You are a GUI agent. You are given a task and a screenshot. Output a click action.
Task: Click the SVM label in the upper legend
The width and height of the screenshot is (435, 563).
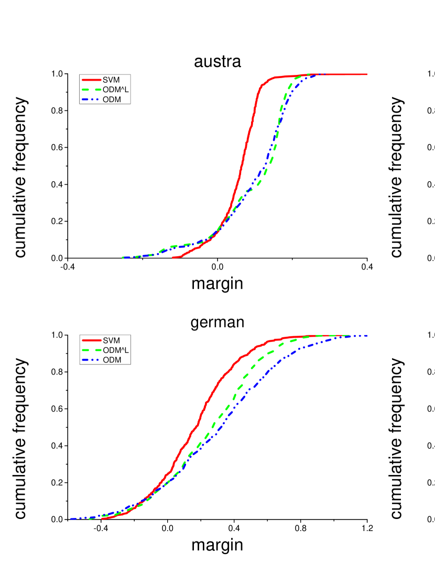(x=111, y=80)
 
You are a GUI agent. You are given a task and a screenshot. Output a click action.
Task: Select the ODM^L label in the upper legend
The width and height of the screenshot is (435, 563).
(x=115, y=90)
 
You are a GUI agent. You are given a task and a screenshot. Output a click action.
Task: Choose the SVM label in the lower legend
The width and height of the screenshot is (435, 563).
(x=111, y=340)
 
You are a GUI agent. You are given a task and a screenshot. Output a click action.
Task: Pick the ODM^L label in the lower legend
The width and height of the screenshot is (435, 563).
(x=115, y=350)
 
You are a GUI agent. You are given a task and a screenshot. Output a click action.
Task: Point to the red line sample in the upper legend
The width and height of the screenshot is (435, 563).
(x=91, y=80)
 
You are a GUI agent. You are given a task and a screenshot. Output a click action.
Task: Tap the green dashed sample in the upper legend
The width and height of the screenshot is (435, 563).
(x=91, y=90)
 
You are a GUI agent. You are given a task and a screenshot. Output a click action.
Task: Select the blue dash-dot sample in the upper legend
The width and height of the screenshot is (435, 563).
(x=91, y=100)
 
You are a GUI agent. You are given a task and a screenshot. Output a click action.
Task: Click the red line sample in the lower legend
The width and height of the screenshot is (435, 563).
(x=91, y=340)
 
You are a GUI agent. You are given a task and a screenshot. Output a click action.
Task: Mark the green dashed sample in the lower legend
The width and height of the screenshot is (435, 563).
(x=91, y=350)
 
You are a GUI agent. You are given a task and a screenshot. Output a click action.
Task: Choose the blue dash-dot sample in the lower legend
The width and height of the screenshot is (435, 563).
(x=91, y=360)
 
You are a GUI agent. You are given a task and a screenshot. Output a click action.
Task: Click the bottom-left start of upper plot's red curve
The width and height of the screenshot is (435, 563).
(x=173, y=257)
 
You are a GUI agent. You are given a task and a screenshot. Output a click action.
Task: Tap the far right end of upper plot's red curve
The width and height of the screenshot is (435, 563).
(x=366, y=74)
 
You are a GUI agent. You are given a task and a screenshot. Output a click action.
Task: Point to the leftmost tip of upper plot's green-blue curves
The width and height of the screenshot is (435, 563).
(x=123, y=257)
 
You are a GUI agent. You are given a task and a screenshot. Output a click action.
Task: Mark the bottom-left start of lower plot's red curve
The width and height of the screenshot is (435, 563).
(x=102, y=518)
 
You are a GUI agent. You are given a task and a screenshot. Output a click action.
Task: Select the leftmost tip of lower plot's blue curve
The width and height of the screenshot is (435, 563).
(x=71, y=518)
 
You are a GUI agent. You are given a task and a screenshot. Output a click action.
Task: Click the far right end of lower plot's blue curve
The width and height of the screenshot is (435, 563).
(x=366, y=336)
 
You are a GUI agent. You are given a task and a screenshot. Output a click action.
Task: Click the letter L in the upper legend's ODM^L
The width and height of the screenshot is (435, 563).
(x=126, y=90)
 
